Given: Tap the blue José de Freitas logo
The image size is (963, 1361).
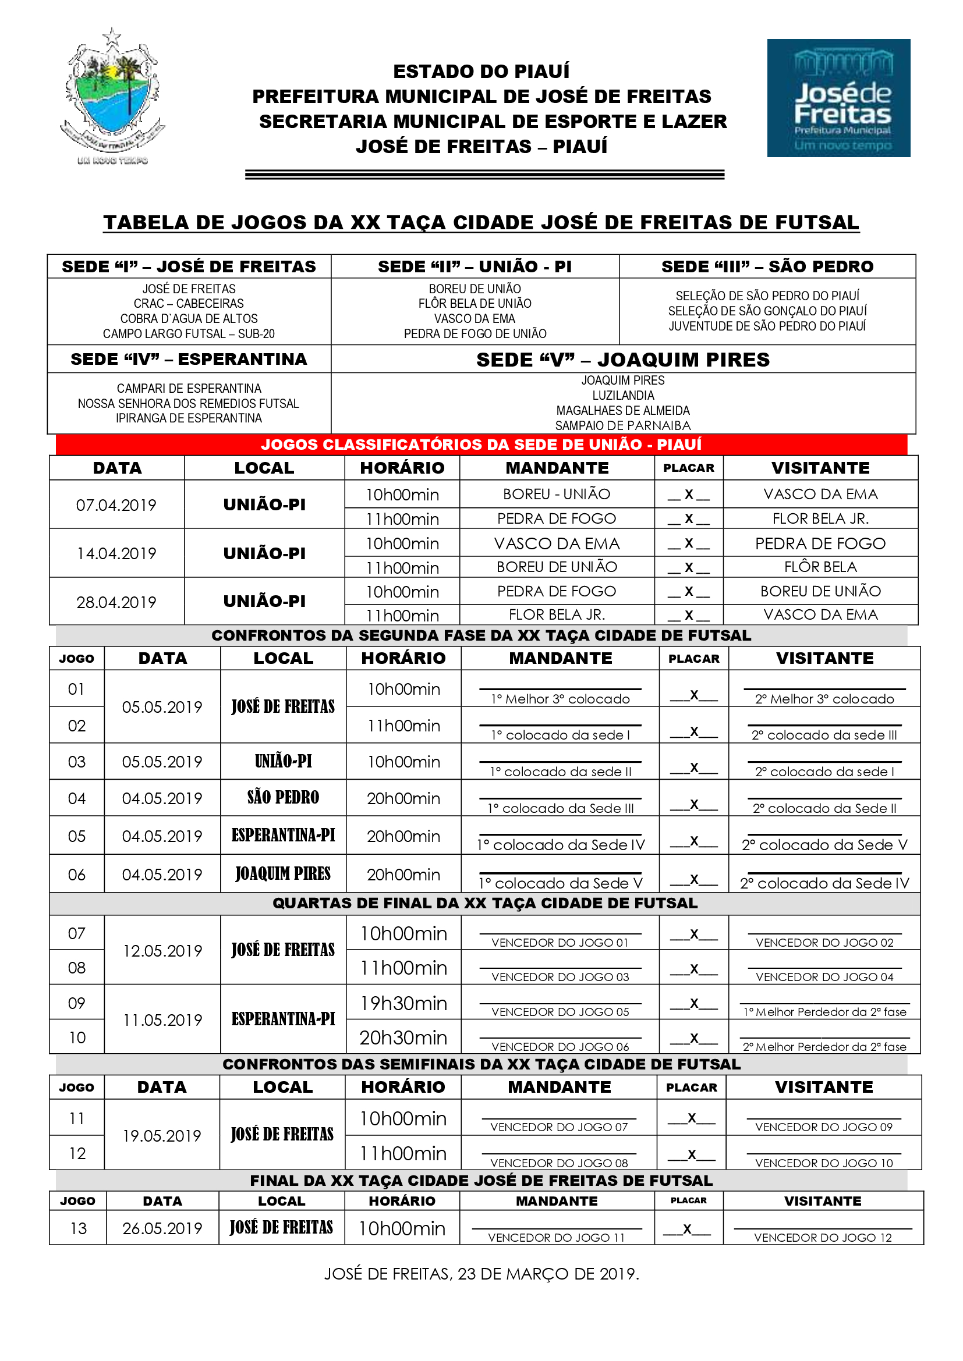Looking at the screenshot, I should (x=838, y=98).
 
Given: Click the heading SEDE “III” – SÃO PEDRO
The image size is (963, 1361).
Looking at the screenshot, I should (x=767, y=266).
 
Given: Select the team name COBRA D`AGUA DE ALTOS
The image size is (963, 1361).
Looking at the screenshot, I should (x=189, y=318).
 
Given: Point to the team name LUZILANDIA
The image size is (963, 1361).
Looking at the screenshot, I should (x=622, y=395).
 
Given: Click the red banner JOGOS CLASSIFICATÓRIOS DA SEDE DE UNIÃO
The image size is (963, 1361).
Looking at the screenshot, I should (x=481, y=445).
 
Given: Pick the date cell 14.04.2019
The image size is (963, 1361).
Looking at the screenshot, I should (x=116, y=553).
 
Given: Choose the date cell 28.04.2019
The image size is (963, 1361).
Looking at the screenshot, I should (x=116, y=602).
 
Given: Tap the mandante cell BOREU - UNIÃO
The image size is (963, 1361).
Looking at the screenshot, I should (x=556, y=495).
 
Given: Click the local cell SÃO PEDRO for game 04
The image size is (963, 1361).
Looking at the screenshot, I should (x=283, y=798).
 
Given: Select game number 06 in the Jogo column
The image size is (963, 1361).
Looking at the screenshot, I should (x=76, y=875).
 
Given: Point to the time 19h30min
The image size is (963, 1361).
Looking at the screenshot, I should (x=403, y=1004).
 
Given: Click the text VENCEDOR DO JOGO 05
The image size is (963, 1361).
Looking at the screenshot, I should (x=560, y=1012).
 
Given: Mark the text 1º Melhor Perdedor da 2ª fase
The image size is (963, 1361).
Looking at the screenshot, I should (x=824, y=1012).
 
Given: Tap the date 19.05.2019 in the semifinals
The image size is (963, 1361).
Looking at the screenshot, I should (x=162, y=1136).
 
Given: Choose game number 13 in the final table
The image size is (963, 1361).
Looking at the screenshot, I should (x=77, y=1228).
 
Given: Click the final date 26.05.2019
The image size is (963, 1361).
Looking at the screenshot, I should (x=162, y=1228).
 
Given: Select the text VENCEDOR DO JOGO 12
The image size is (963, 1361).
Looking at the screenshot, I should (x=823, y=1238).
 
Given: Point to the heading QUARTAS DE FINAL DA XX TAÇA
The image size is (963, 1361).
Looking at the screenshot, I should (x=484, y=904).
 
